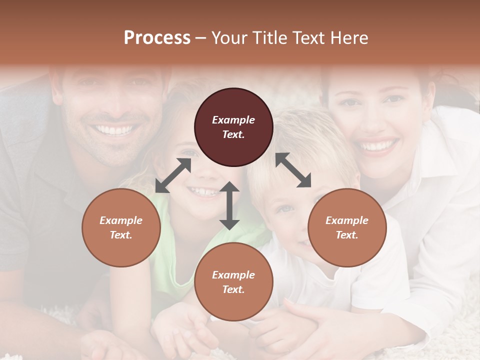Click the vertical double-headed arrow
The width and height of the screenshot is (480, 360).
tap(229, 205)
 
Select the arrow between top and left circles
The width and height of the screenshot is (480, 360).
tap(173, 175)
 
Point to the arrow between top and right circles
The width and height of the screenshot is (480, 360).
tap(293, 170)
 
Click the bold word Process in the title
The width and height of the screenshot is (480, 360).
tap(157, 37)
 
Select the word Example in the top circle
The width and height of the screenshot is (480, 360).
tap(233, 120)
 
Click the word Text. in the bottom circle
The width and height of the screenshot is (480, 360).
tap(233, 289)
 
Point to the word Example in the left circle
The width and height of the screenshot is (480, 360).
tap(121, 220)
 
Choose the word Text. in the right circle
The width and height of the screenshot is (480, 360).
tap(347, 235)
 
